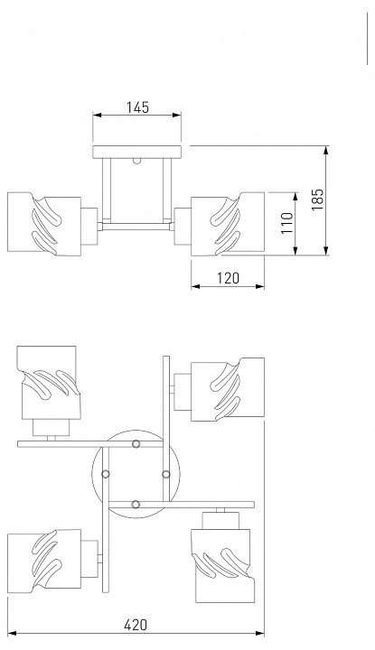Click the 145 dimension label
click(x=137, y=107)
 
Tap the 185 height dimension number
click(x=318, y=200)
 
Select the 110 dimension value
click(x=287, y=223)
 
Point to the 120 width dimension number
click(x=228, y=278)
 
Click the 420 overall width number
click(x=136, y=625)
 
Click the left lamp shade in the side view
click(x=44, y=224)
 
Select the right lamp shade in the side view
click(x=228, y=224)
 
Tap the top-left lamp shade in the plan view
click(x=48, y=382)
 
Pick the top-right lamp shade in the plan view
click(x=228, y=390)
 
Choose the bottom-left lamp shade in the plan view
click(x=44, y=561)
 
